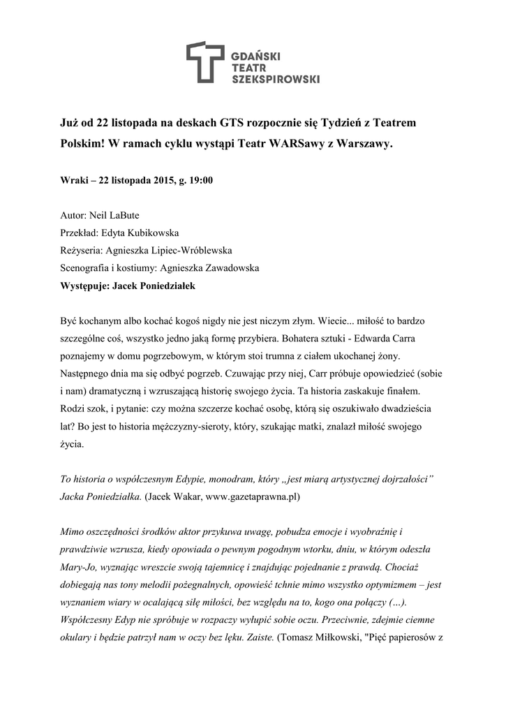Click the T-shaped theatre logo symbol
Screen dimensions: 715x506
[x=207, y=61]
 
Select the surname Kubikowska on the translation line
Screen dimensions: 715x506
[x=158, y=233]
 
